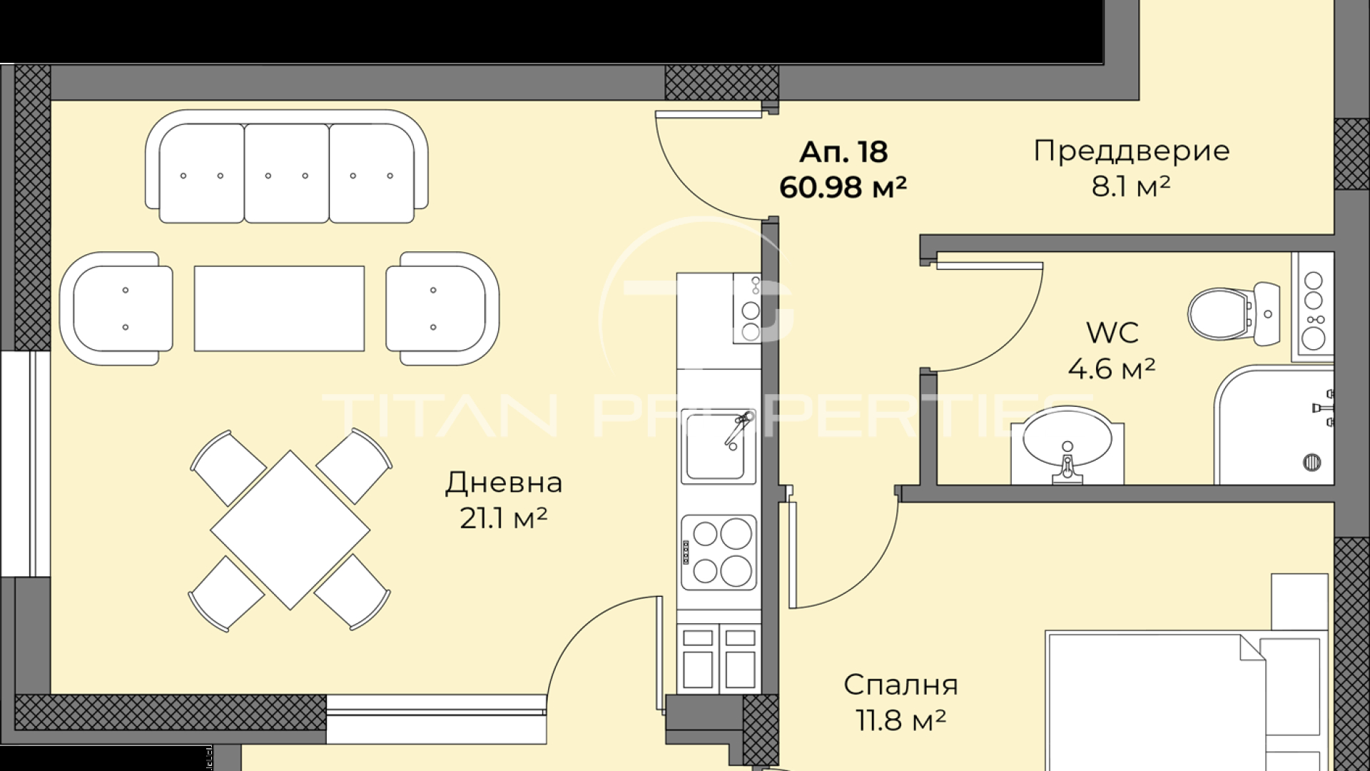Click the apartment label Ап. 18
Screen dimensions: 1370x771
[x=843, y=152]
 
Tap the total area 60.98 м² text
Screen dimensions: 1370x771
[x=843, y=188]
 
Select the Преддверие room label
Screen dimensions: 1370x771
[x=1132, y=151]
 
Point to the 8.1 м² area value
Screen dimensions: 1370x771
[x=1131, y=187]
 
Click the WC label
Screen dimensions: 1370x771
[x=1112, y=333]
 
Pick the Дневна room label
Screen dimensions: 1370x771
[x=504, y=483]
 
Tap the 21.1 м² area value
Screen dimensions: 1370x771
[x=503, y=519]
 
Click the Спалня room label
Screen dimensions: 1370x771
[x=900, y=685]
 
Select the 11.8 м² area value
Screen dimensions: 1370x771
[x=900, y=721]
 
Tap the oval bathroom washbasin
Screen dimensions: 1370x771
[x=1067, y=442]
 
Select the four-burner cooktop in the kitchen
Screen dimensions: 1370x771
[x=719, y=553]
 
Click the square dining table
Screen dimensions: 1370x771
[x=290, y=530]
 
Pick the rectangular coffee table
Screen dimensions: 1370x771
[x=279, y=308]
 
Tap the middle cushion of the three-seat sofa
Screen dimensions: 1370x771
[x=287, y=173]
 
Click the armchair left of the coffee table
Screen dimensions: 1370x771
[x=116, y=308]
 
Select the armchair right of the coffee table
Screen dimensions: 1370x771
[x=442, y=308]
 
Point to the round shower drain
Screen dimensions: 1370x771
[x=1312, y=462]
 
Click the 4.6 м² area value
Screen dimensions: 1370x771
[x=1112, y=369]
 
